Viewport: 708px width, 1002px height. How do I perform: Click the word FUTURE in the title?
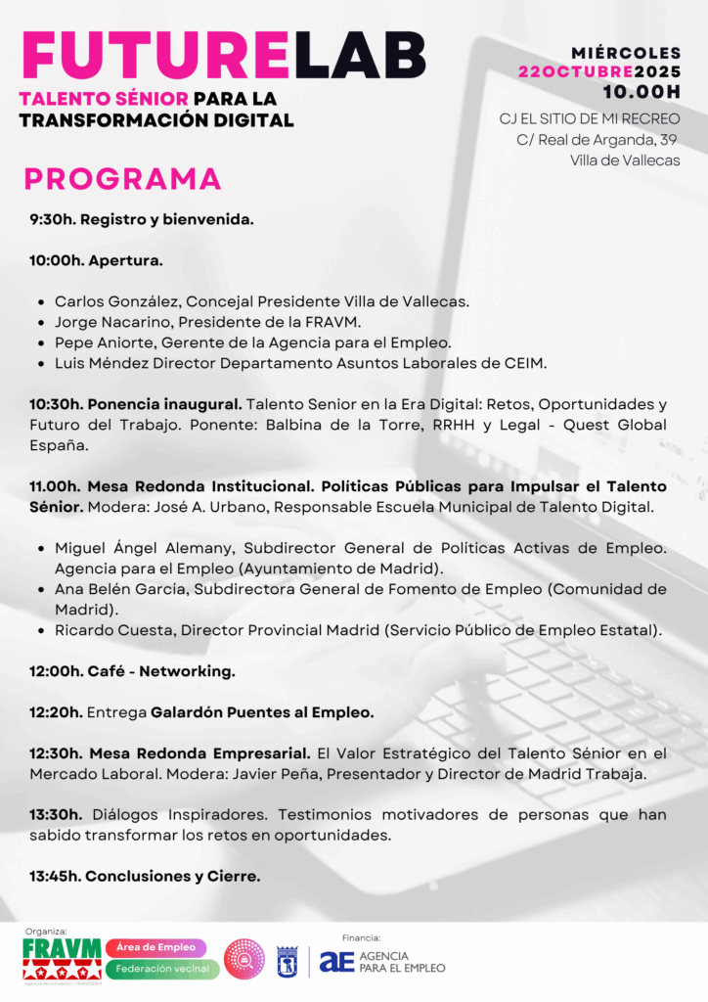pyautogui.click(x=154, y=55)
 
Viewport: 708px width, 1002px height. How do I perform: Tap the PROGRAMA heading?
pyautogui.click(x=122, y=179)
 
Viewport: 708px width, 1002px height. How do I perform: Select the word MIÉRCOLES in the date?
pyautogui.click(x=626, y=53)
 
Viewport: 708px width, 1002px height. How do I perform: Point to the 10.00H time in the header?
pyautogui.click(x=641, y=92)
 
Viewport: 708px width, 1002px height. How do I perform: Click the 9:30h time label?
pyautogui.click(x=52, y=219)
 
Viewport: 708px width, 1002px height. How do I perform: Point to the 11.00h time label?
pyautogui.click(x=55, y=486)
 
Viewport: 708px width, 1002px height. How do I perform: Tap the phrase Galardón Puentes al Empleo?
pyautogui.click(x=262, y=712)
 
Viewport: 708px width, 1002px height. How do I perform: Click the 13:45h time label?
pyautogui.click(x=54, y=876)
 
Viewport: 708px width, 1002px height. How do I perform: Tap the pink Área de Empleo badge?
pyautogui.click(x=156, y=947)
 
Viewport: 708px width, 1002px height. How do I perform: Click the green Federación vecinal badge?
pyautogui.click(x=162, y=969)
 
